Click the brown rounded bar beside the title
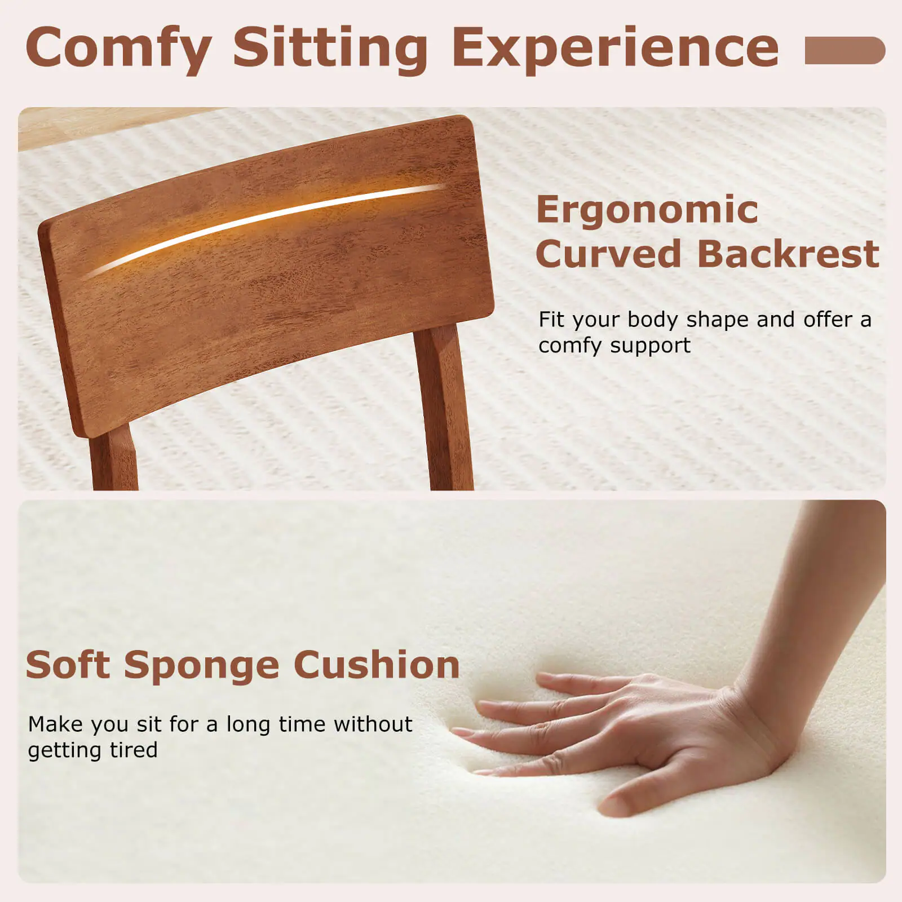point(844,50)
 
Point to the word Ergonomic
point(647,210)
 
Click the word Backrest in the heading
point(788,254)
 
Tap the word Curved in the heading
point(609,254)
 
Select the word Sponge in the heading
point(202,665)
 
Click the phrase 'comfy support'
point(614,346)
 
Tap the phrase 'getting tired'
point(92,750)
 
